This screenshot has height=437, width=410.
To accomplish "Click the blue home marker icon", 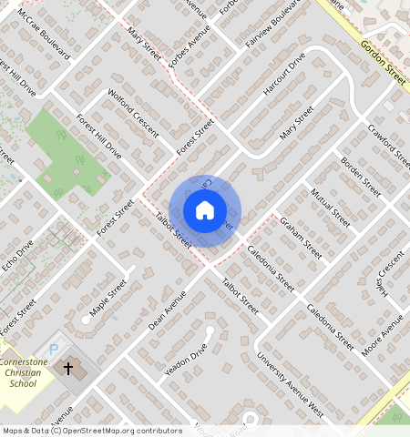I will (205, 211).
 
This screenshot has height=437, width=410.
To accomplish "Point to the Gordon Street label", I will (382, 63).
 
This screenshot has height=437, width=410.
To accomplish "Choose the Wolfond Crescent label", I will (132, 113).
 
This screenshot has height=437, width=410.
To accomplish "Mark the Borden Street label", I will (360, 176).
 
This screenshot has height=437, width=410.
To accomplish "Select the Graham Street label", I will (301, 239).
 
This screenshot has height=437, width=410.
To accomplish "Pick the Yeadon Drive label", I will (186, 361).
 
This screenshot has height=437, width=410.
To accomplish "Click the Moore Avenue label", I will (382, 336).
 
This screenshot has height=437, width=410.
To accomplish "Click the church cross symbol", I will (68, 369).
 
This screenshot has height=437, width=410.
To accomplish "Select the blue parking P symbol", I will (53, 350).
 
